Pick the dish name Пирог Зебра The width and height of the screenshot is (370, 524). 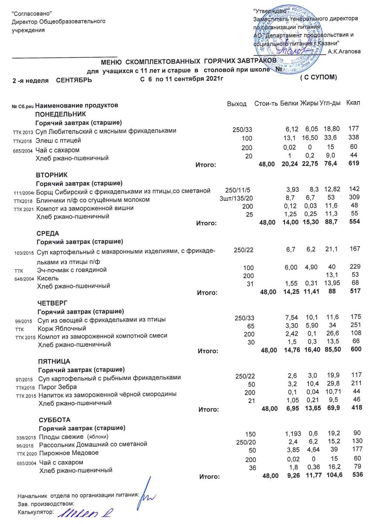pos(58,387)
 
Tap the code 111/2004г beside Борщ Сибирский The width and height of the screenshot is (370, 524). pos(24,192)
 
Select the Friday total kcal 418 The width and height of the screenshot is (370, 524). pos(356,408)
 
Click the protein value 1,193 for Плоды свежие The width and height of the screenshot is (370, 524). pos(293,434)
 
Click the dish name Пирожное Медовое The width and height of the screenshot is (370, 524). pos(69,453)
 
